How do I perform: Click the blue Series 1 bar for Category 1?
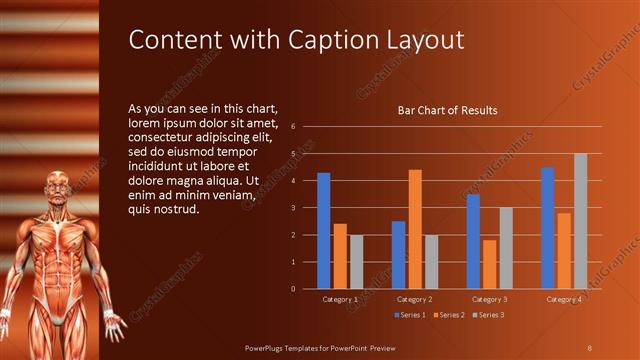point(323,231)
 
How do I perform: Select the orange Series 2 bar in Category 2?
point(414,229)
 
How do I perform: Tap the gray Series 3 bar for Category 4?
point(580,221)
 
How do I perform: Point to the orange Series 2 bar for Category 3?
point(489,264)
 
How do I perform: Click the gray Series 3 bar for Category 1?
point(356,262)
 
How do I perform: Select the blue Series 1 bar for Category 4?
point(548,228)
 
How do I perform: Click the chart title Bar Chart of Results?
point(447,110)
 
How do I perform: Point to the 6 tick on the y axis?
point(292,127)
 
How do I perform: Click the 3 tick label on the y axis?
point(292,208)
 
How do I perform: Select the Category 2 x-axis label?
point(414,299)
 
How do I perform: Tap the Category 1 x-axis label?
point(340,299)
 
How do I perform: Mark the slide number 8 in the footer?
point(589,347)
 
